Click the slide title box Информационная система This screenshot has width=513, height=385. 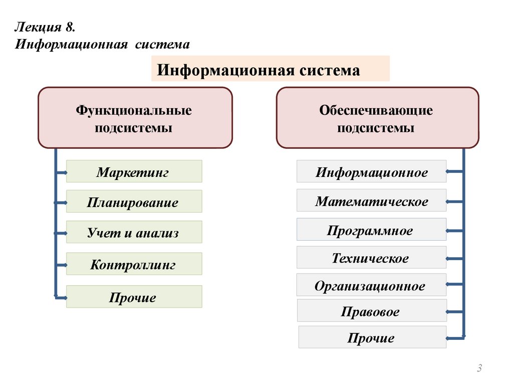(x=270, y=69)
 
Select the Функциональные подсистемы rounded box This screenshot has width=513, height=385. (x=135, y=118)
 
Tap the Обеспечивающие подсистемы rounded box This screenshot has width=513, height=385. (x=377, y=118)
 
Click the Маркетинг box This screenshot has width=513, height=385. (x=134, y=171)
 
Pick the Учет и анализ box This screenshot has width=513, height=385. (x=134, y=232)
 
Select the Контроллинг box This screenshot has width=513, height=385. (x=134, y=264)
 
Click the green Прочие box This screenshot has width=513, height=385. (x=134, y=297)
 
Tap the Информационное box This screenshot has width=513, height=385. (x=371, y=171)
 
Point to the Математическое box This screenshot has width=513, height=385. (x=371, y=201)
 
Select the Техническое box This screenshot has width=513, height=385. (x=371, y=258)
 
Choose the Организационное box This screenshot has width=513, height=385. (x=371, y=285)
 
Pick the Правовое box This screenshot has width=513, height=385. (x=371, y=311)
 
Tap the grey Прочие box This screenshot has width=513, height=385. (x=371, y=337)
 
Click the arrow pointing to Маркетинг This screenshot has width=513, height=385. (x=61, y=173)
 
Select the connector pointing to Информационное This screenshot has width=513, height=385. (x=454, y=172)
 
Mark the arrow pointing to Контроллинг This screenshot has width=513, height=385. (x=61, y=265)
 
